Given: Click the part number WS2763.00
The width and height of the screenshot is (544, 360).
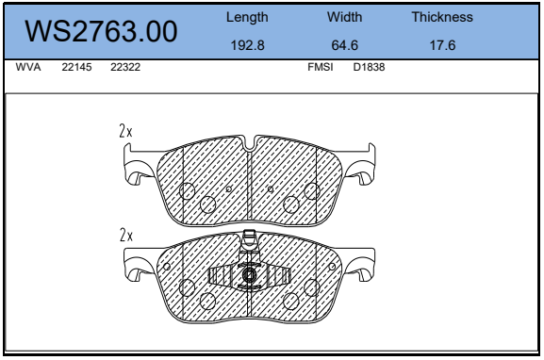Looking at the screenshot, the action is [101, 31].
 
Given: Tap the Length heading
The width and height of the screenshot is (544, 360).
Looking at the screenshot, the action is [247, 17].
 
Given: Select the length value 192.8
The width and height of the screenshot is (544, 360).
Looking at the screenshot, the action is [247, 45].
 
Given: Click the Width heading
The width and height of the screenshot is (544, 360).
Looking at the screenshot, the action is [344, 17].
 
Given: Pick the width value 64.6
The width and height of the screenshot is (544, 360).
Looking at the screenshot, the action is [344, 45].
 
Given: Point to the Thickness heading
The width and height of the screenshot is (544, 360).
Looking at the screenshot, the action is [442, 17].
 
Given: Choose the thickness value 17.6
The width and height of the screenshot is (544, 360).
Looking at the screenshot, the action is [442, 45].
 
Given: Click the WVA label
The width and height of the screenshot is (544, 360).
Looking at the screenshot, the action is [28, 67].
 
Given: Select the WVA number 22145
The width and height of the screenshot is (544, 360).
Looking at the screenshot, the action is [76, 67].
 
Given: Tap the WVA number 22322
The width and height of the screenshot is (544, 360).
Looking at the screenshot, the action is [125, 67].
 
